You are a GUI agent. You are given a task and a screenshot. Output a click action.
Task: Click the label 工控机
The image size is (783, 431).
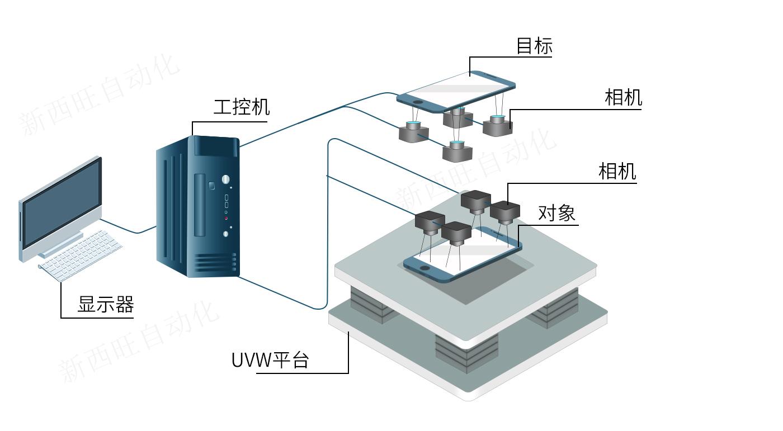coord(241,107)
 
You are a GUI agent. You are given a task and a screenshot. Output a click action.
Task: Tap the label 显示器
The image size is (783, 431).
coord(105,305)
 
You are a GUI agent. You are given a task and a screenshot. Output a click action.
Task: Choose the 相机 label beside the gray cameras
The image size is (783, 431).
coord(623,98)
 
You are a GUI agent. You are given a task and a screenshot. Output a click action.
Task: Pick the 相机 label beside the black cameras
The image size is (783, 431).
coord(617,171)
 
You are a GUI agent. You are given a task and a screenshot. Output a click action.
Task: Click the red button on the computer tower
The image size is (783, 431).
coord(227,218)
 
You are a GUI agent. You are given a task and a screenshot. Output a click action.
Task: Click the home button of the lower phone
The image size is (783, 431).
coord(426,268)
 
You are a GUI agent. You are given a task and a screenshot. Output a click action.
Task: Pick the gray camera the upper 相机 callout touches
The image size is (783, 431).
coord(497,126)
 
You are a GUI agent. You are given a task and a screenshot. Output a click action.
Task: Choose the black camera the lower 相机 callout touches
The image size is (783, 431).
coord(506,212)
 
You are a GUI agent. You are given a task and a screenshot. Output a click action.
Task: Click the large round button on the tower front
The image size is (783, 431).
coord(225,179)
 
